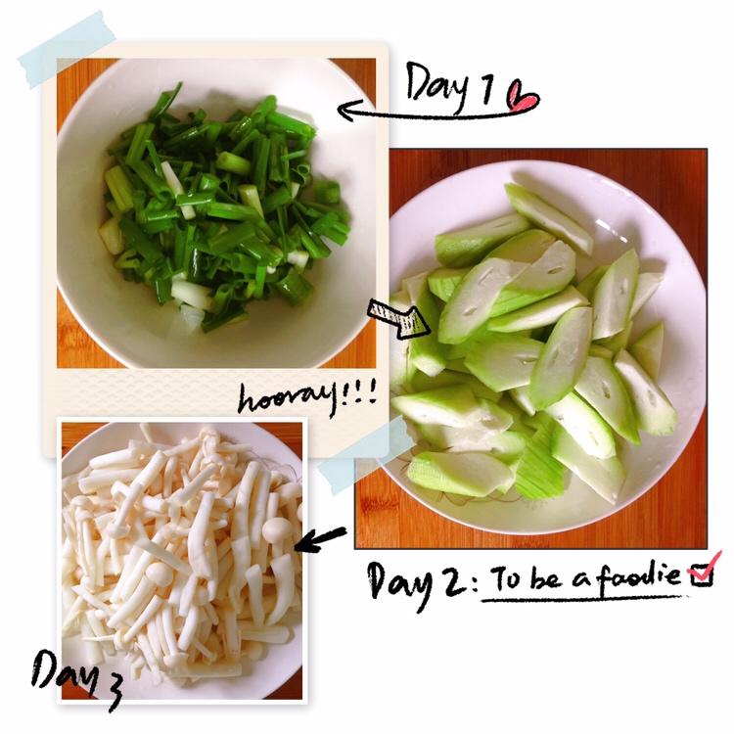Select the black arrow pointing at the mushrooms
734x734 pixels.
pos(320,539)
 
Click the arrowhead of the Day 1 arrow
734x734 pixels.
pos(347,111)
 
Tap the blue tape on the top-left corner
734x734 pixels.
pos(68,50)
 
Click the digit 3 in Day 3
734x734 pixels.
pos(111,692)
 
